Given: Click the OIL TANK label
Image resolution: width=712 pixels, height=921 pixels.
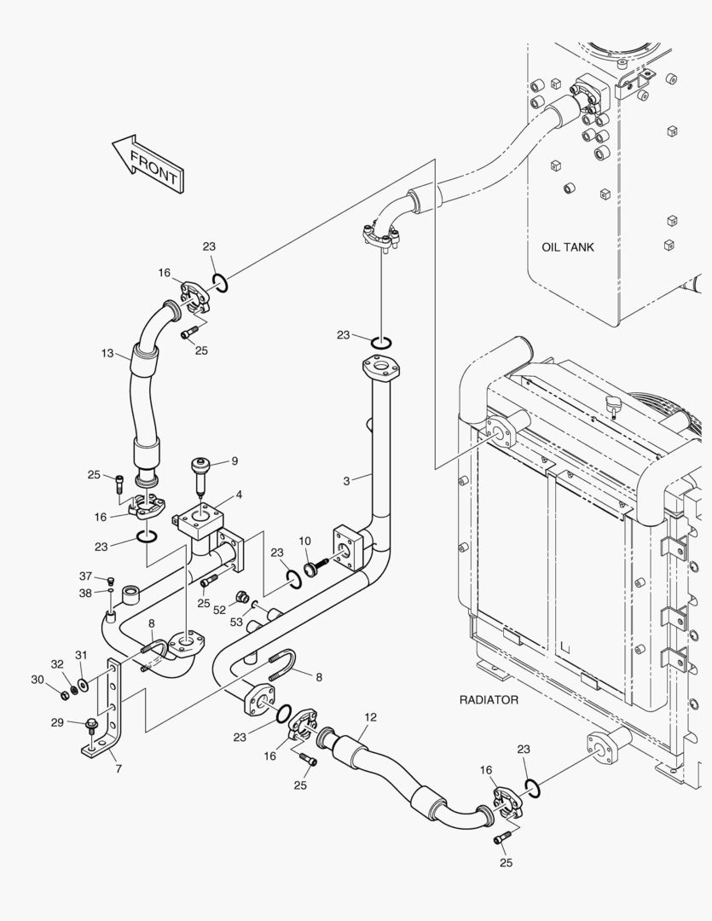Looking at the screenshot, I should [568, 247].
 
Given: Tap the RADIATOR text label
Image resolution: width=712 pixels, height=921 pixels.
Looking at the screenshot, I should [489, 699].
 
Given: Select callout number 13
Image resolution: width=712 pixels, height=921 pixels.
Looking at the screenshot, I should [107, 353].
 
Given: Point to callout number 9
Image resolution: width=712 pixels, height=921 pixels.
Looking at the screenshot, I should [234, 461].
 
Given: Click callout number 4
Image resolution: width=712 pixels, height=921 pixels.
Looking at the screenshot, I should [239, 494].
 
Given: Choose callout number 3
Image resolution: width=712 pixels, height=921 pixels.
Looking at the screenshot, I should [347, 481].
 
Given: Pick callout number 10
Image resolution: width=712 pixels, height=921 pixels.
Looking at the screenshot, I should [304, 542].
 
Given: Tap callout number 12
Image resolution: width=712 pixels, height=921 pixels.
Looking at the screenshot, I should [370, 717].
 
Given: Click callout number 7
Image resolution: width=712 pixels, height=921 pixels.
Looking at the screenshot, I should [118, 768].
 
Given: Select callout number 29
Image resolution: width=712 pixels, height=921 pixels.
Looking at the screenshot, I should [57, 722].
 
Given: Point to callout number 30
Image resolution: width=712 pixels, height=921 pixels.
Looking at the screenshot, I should [37, 679].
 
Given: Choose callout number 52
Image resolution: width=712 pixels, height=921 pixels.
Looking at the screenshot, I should [219, 610].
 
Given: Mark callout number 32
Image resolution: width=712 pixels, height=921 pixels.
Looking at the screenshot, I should [57, 663].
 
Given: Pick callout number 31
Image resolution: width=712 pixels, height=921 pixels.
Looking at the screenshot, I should [81, 655].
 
